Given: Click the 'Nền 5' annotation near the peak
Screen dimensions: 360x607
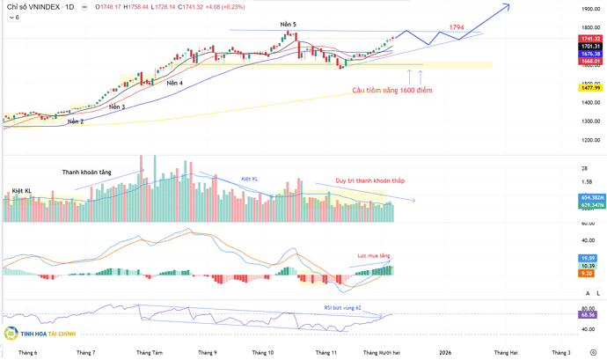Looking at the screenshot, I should (x=289, y=25).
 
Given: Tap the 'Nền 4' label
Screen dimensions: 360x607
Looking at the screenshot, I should (x=175, y=84).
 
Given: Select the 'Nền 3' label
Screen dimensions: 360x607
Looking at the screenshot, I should (x=116, y=107).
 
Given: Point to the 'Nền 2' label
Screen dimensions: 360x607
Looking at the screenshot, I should (x=76, y=121).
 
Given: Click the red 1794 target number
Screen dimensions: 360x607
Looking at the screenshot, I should (x=457, y=28).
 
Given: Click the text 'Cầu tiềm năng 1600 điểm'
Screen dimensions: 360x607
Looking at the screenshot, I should (x=391, y=90).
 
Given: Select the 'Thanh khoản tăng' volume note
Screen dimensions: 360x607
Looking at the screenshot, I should (x=85, y=173).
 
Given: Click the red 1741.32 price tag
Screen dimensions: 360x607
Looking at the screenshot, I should (x=590, y=39).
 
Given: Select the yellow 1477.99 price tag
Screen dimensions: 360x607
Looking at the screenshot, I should (x=590, y=88).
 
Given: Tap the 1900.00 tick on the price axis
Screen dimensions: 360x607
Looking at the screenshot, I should (x=590, y=9).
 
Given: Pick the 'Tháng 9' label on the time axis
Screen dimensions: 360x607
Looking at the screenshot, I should (x=207, y=352).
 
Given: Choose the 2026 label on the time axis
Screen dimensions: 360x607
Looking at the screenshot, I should (x=445, y=352).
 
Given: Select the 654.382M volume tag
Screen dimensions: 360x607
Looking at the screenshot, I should (x=591, y=197).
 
